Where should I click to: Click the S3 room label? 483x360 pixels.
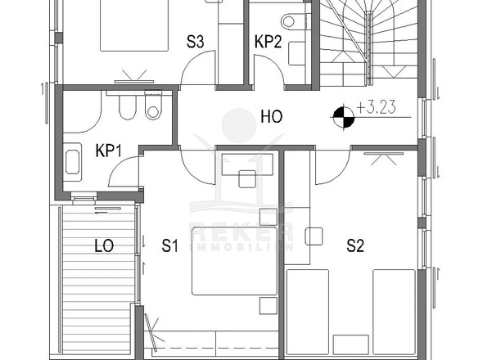[196, 42]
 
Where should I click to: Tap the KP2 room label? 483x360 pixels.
[268, 42]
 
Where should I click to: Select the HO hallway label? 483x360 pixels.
[271, 117]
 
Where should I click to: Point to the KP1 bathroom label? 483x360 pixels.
[108, 151]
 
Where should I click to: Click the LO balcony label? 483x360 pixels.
[104, 245]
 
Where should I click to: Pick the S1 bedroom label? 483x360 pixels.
[170, 245]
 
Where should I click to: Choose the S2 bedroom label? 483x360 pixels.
[355, 245]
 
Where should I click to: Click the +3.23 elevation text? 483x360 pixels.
[376, 107]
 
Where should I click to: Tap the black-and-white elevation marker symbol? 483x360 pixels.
[344, 117]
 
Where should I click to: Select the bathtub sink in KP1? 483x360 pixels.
[72, 162]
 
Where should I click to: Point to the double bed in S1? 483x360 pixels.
[234, 261]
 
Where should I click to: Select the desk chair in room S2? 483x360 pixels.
[314, 236]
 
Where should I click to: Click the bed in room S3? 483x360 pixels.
[134, 25]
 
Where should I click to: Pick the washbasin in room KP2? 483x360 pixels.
[297, 53]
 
